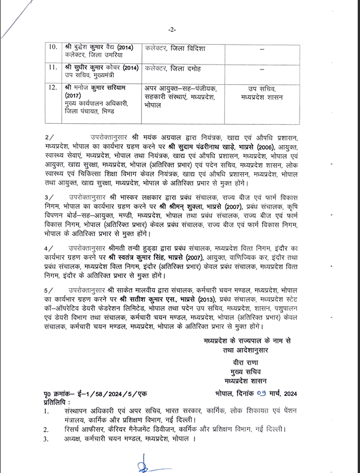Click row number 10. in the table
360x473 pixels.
point(53,46)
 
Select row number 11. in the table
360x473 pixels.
point(53,68)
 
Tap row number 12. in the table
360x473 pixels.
point(53,88)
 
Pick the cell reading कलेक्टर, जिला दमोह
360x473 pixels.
point(173,68)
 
